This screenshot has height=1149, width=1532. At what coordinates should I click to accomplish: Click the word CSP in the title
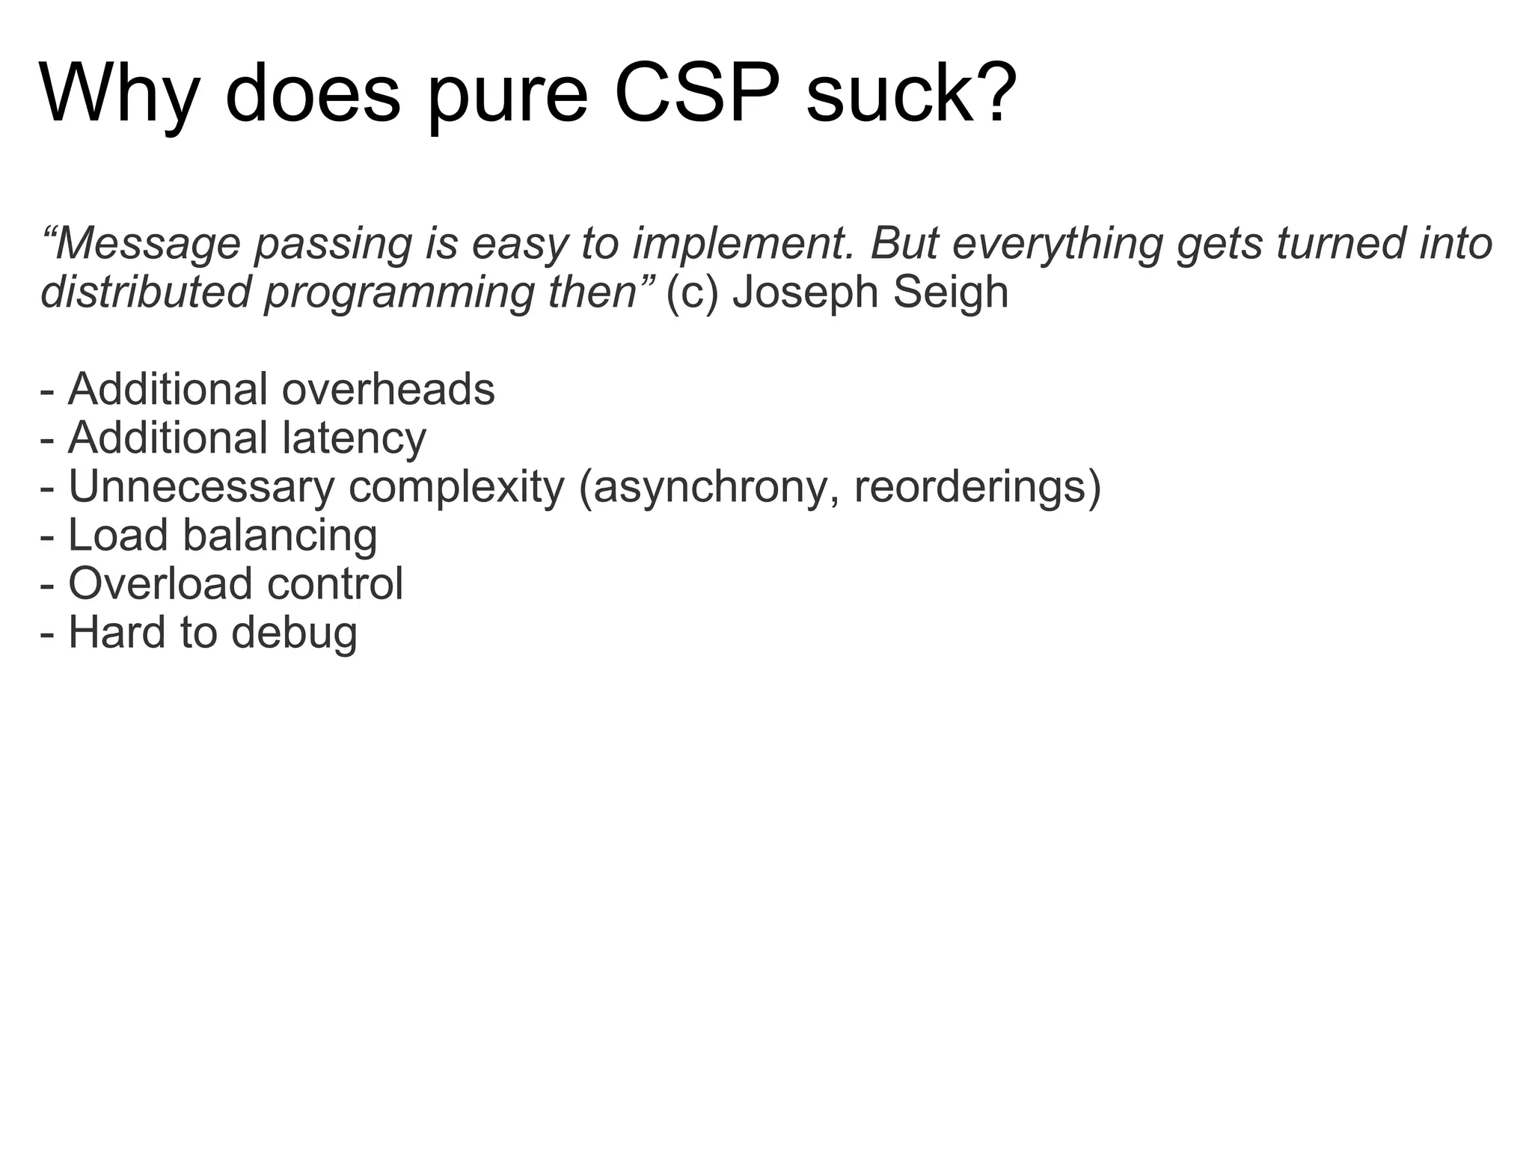pos(699,94)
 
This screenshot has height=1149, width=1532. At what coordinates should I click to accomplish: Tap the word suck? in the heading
pos(911,94)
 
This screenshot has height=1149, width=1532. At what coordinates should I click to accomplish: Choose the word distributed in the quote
pos(145,292)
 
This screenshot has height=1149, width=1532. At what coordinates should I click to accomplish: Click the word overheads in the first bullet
pos(388,390)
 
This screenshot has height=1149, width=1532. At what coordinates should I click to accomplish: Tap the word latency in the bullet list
pos(355,438)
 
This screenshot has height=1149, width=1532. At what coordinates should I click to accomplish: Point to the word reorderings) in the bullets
pos(977,487)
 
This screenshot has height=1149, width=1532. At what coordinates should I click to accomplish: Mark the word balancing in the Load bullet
pos(280,536)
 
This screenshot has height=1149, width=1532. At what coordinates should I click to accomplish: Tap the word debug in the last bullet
pos(294,633)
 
